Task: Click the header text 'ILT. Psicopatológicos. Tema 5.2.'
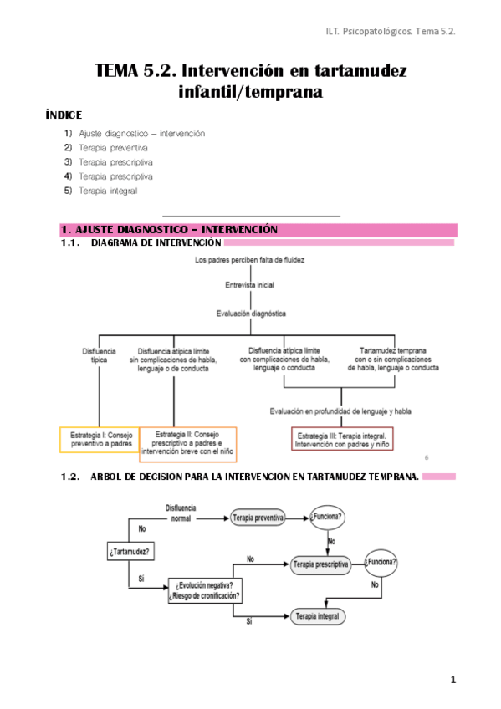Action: [389, 31]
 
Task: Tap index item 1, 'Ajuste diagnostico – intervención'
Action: [141, 134]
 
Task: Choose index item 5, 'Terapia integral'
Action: [108, 191]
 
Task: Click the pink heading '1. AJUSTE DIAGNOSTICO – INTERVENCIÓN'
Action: [169, 230]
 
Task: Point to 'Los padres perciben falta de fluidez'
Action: [249, 261]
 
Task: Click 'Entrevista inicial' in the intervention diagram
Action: [249, 285]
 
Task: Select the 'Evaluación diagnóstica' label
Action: [249, 314]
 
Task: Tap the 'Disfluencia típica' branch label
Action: [99, 356]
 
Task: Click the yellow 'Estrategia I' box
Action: [98, 440]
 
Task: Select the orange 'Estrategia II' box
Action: [188, 445]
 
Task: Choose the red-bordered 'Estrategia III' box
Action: [341, 439]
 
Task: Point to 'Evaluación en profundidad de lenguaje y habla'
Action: [340, 411]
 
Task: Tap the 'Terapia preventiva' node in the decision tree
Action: [258, 518]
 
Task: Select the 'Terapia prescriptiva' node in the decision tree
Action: [320, 564]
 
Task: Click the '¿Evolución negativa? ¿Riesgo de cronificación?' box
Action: [205, 589]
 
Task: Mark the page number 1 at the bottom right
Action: [452, 680]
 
